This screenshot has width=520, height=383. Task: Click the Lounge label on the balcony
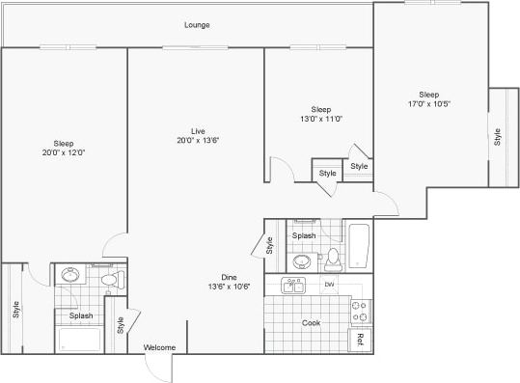point(197,25)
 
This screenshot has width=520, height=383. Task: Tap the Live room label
point(197,130)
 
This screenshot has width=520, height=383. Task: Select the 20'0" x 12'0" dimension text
point(64,152)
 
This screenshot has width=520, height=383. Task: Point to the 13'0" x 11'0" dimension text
point(320,120)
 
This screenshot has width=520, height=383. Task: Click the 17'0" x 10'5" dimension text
point(429,103)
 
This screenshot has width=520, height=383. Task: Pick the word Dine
point(230,276)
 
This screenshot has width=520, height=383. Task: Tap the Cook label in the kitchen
point(311,323)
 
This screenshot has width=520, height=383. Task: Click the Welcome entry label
point(159,347)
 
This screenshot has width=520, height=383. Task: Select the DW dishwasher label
point(328,285)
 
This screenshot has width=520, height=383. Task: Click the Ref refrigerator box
point(359,340)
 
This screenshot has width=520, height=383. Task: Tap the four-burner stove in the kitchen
point(360,310)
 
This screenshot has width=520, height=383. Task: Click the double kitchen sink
point(293,286)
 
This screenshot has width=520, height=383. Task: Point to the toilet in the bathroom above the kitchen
point(333,258)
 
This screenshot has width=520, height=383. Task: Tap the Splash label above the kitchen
point(304,235)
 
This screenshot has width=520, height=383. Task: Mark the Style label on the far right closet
point(498,137)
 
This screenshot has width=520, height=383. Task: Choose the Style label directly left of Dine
point(269,247)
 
